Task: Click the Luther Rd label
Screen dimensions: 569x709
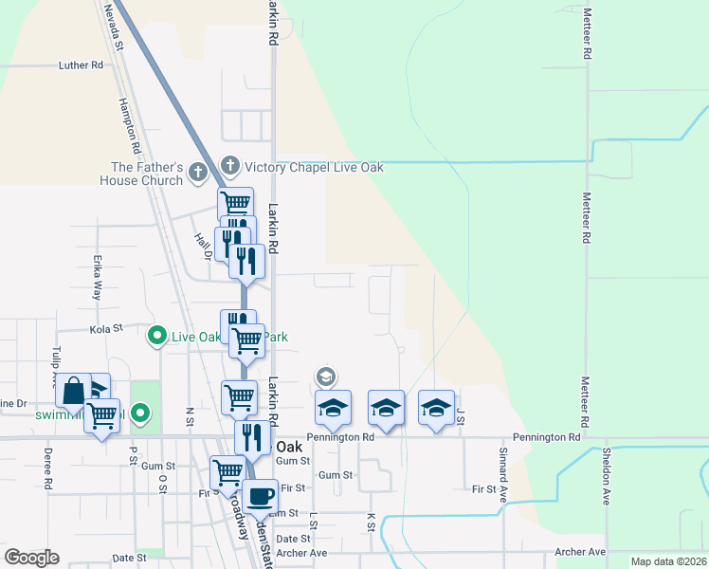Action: (x=81, y=65)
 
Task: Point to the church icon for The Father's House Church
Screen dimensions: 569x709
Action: (x=197, y=173)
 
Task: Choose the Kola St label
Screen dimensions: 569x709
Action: (x=106, y=328)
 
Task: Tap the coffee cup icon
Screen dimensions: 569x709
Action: (x=259, y=495)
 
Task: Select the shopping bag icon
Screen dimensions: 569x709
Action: (x=73, y=391)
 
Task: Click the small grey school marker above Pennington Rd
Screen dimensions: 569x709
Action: (x=325, y=377)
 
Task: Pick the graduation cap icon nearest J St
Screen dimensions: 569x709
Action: (x=436, y=408)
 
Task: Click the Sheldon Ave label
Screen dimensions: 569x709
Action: (x=605, y=474)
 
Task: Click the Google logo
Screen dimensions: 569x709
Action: (x=31, y=557)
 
